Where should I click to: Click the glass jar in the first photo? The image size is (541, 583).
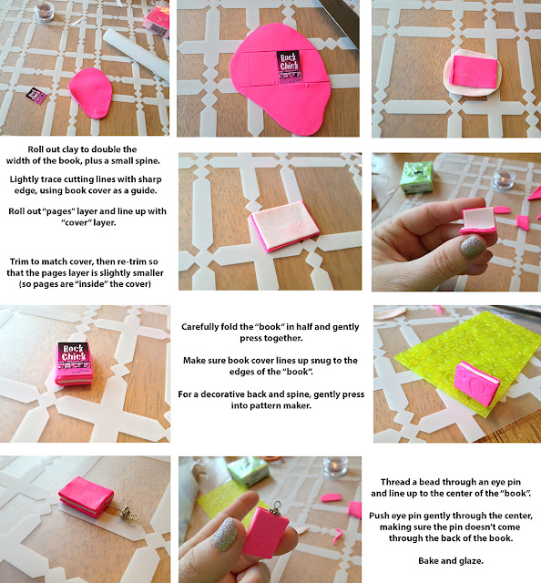tap(44, 12)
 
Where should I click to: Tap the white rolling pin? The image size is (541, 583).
tap(136, 55)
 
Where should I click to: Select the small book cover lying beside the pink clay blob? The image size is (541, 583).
tap(36, 96)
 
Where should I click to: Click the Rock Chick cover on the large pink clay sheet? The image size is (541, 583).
tap(288, 66)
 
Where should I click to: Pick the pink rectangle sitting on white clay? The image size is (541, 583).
tap(474, 72)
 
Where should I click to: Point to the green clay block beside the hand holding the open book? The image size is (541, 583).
tap(416, 177)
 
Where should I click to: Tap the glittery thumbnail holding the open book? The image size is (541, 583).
tap(473, 247)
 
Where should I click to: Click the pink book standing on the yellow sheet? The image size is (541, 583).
tap(477, 379)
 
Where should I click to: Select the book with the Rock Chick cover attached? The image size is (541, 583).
tap(74, 363)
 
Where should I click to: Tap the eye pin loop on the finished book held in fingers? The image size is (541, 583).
tap(276, 505)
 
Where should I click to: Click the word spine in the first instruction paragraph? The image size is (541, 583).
tap(148, 161)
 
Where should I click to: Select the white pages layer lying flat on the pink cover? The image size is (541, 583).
tap(285, 225)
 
